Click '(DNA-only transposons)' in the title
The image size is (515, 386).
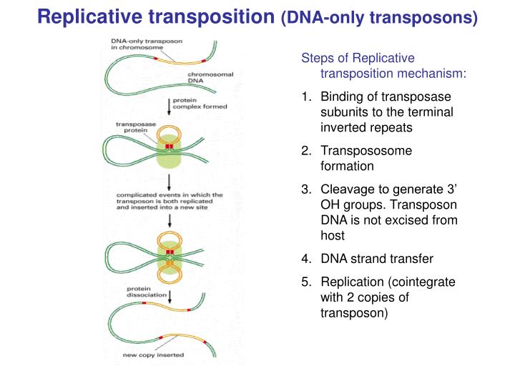pyautogui.click(x=379, y=17)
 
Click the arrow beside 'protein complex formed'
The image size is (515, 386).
pyautogui.click(x=170, y=107)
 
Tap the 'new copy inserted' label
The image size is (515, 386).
pyautogui.click(x=152, y=355)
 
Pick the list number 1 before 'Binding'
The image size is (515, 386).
pyautogui.click(x=305, y=96)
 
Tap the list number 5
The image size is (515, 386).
pyautogui.click(x=305, y=282)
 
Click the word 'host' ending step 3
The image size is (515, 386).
pyautogui.click(x=333, y=236)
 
